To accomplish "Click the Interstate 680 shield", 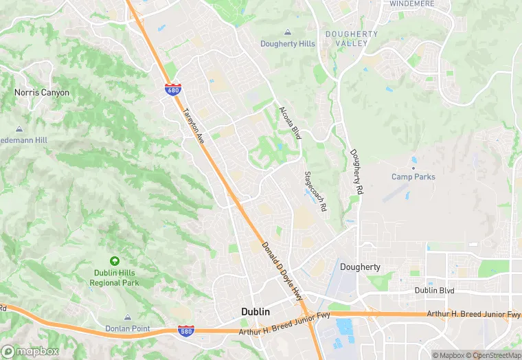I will [x=172, y=90].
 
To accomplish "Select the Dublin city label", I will [x=255, y=312].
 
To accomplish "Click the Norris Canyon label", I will [x=42, y=92].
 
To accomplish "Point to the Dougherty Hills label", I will [x=288, y=44].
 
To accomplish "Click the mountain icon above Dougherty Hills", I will [x=288, y=32].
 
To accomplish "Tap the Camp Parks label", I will [x=413, y=177].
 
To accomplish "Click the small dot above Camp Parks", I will [x=413, y=167].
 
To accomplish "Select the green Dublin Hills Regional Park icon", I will [x=114, y=261].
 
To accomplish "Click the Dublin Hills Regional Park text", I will [x=115, y=278].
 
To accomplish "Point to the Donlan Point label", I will [x=128, y=328].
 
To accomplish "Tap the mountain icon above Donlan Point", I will [x=128, y=317].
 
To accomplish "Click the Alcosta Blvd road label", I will [x=290, y=123].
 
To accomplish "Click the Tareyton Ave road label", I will [x=194, y=124].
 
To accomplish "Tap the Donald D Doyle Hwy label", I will [x=283, y=272].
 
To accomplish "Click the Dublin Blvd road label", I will [x=435, y=291].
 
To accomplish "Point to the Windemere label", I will [x=411, y=3].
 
